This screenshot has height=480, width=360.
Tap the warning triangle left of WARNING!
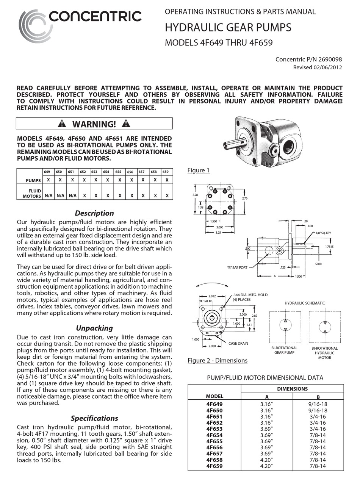62,124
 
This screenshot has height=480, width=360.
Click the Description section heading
94,213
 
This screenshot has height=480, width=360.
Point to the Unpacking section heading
94,328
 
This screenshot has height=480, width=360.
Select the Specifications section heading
94,418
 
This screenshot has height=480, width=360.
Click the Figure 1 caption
198,170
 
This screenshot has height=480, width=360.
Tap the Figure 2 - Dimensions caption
217,360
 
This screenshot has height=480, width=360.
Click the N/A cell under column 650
60,196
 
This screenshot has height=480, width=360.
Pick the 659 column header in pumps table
166,172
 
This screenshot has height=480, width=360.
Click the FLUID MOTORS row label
32,194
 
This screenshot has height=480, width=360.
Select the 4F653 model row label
214,429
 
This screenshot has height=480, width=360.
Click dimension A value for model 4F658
267,460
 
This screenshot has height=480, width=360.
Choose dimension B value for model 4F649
318,404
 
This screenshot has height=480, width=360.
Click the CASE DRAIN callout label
238,343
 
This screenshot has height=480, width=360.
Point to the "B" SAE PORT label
237,267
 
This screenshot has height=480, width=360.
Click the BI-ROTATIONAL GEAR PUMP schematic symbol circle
285,325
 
